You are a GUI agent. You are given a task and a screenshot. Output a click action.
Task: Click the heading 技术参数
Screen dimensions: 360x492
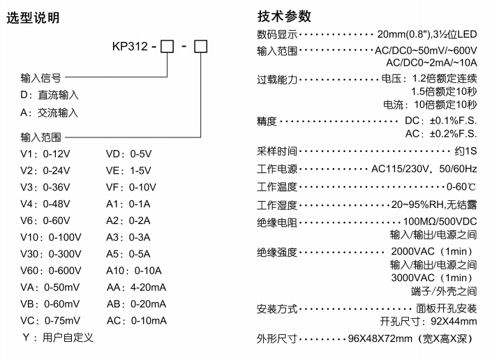tap(284, 16)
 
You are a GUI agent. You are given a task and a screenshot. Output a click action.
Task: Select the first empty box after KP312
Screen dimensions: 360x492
tap(167, 50)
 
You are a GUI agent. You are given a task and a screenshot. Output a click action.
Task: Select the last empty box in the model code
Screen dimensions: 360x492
tap(200, 50)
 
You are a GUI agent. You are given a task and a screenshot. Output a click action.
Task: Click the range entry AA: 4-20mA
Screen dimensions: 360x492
tap(137, 287)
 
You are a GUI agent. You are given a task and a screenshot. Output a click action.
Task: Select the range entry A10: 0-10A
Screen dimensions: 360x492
tap(134, 271)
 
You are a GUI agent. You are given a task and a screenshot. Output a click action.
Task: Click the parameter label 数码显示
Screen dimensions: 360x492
tap(277, 33)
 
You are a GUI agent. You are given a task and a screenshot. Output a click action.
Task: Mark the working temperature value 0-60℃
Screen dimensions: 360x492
tap(462, 186)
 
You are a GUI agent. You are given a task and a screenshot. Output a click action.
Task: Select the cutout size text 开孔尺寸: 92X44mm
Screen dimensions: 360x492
tap(428, 321)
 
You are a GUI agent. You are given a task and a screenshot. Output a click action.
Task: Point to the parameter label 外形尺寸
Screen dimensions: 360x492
tap(277, 339)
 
